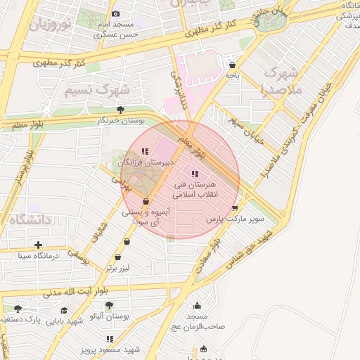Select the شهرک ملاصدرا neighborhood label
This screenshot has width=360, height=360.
pyautogui.click(x=280, y=81)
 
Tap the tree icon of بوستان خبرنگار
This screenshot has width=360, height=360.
pyautogui.click(x=121, y=110)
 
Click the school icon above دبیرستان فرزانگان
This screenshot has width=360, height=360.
pyautogui.click(x=145, y=151)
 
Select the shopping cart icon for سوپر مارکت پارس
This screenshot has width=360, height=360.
pyautogui.click(x=234, y=208)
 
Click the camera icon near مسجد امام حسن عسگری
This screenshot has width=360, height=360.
pyautogui.click(x=116, y=13)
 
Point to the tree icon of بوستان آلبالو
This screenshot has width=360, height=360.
pyautogui.click(x=109, y=305)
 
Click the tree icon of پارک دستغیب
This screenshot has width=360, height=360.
pyautogui.click(x=18, y=308)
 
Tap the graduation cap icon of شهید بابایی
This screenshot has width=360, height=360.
pyautogui.click(x=64, y=310)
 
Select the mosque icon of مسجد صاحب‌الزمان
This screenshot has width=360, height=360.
pyautogui.click(x=198, y=305)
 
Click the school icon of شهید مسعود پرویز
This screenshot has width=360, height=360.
pyautogui.click(x=109, y=340)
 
